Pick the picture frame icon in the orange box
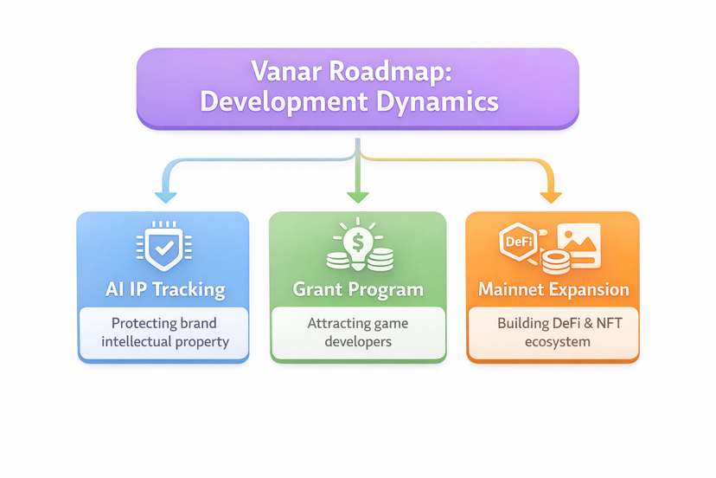click(x=579, y=243)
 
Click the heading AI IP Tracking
click(x=164, y=289)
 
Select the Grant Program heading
click(x=358, y=289)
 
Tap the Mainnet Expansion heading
click(x=553, y=289)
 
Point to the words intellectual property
click(x=164, y=341)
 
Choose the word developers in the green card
click(x=358, y=341)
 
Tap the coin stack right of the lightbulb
click(x=380, y=258)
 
